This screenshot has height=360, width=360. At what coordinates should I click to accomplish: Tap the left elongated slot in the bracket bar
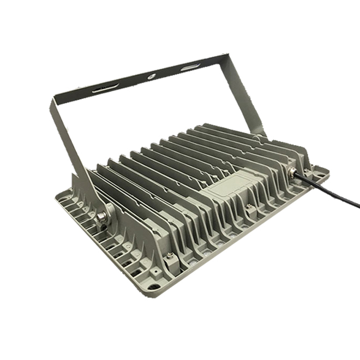coord(105,88)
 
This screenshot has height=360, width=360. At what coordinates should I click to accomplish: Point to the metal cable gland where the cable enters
coord(293,175)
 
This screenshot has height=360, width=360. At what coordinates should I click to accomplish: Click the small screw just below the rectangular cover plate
coord(249,207)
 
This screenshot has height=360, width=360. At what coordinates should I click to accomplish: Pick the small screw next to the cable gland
coord(305,171)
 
